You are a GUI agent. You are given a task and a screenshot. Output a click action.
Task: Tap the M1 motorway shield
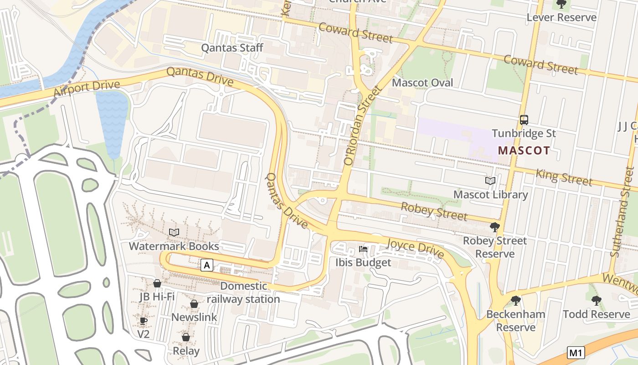pyautogui.click(x=576, y=352)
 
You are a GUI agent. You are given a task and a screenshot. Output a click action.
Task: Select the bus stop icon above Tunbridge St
pyautogui.click(x=524, y=120)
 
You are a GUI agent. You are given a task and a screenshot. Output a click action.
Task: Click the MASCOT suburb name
pyautogui.click(x=524, y=150)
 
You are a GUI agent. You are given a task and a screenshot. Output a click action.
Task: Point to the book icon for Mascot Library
pyautogui.click(x=490, y=181)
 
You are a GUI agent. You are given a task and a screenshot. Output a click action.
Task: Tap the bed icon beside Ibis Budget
pyautogui.click(x=363, y=249)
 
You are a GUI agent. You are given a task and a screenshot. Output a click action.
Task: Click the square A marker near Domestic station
pyautogui.click(x=207, y=265)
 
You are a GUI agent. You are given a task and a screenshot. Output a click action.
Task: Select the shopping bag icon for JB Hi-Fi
pyautogui.click(x=157, y=283)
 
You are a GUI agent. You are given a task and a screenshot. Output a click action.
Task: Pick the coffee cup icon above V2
pyautogui.click(x=144, y=321)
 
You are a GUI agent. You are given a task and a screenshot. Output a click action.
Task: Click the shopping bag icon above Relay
pyautogui.click(x=186, y=337)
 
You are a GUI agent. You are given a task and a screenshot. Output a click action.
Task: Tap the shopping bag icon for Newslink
pyautogui.click(x=194, y=304)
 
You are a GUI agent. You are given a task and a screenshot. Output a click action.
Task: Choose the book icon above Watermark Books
pyautogui.click(x=174, y=232)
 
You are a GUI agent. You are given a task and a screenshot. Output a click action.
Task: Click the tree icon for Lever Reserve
pyautogui.click(x=561, y=5)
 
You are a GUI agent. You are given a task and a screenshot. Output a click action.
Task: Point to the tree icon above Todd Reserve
pyautogui.click(x=596, y=300)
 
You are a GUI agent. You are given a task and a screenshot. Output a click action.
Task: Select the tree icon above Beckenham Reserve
pyautogui.click(x=515, y=300)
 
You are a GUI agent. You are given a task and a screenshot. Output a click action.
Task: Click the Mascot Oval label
pyautogui.click(x=422, y=83)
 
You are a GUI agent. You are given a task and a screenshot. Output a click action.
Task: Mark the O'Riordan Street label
pyautogui.click(x=362, y=125)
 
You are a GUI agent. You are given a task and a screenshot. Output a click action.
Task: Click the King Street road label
pyautogui.click(x=564, y=177)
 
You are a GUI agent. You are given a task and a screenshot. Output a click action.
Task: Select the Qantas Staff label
pyautogui.click(x=232, y=47)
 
